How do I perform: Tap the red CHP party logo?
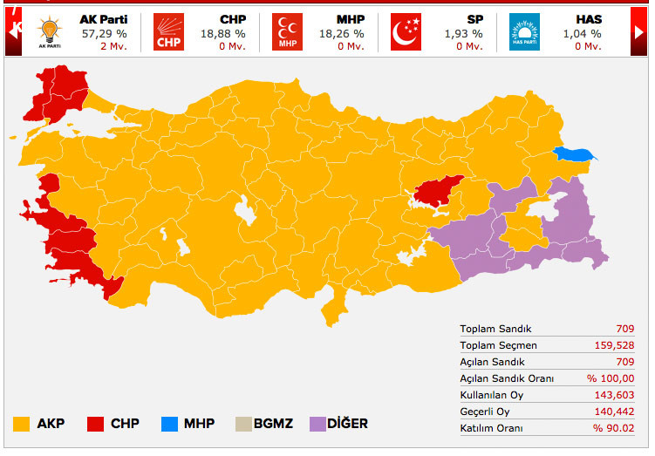point(168,32)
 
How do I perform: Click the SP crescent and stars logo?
point(406,32)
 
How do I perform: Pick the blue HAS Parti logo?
point(524,32)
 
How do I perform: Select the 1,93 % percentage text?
point(463,34)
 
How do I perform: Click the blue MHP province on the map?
point(577,155)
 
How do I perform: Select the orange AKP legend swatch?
point(22,425)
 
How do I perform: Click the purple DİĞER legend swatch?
point(314,425)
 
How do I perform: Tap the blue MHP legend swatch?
point(169,425)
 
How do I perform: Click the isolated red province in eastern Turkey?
point(437,192)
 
